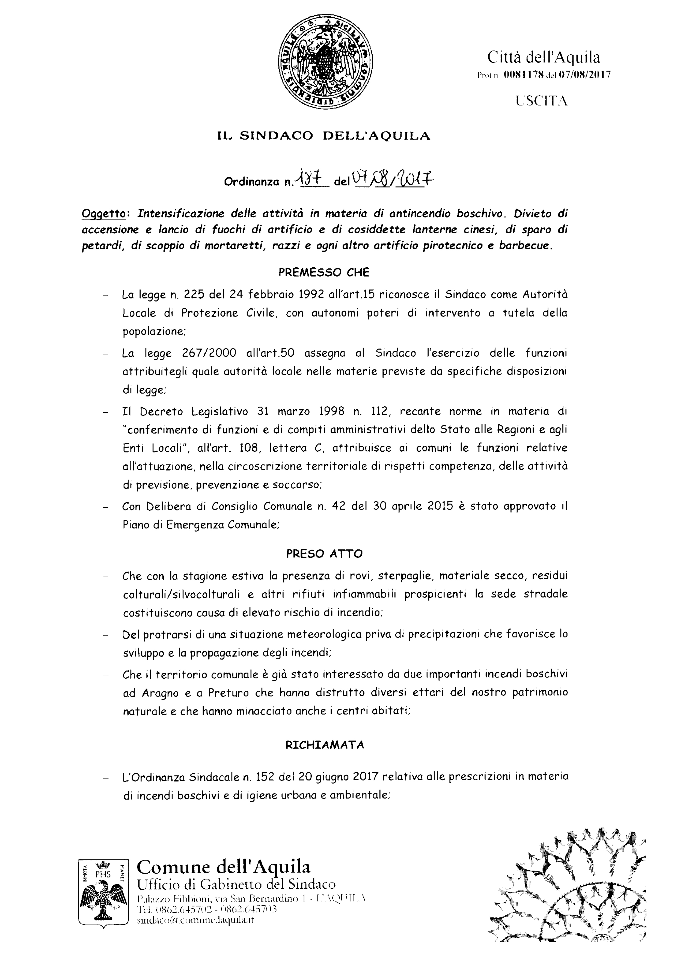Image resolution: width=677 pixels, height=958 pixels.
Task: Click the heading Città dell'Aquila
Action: pos(544,57)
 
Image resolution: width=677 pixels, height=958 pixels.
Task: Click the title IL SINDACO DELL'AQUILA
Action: pos(324,136)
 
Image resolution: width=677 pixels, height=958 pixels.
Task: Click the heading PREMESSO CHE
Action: pos(324,273)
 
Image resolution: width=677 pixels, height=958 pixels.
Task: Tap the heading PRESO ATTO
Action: pos(324,554)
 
